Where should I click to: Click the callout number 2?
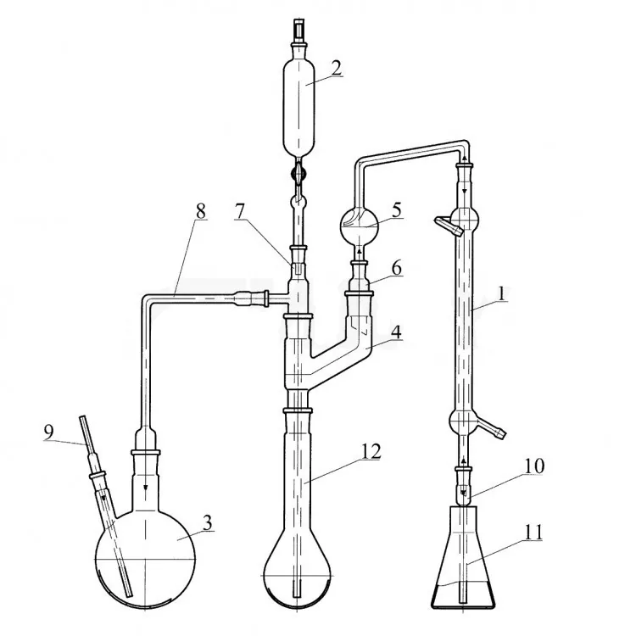click(x=337, y=68)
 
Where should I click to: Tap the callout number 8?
click(x=200, y=211)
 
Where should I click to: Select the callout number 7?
click(x=240, y=211)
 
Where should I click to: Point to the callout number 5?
click(x=396, y=210)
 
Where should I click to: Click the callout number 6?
click(x=396, y=268)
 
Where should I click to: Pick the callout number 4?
click(x=396, y=332)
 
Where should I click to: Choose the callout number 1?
click(x=502, y=293)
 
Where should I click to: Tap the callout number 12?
click(x=371, y=451)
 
